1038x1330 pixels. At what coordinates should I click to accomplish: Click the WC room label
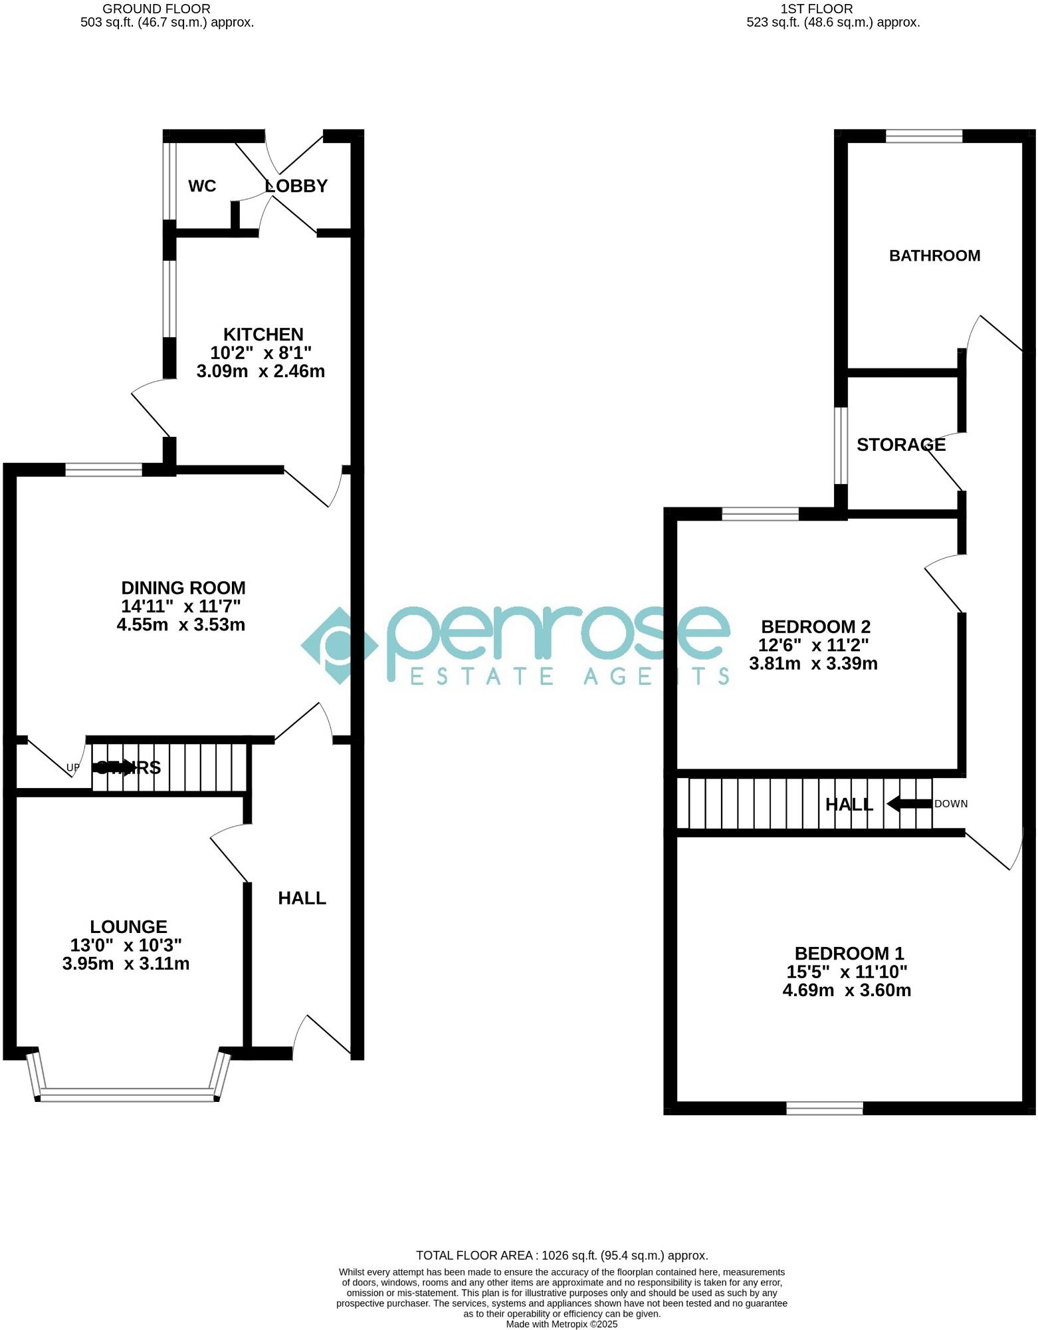202,186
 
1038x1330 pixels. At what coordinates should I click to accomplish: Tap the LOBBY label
296,186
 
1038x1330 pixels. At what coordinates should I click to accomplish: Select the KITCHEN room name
263,334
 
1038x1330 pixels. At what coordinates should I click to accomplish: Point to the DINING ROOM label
183,588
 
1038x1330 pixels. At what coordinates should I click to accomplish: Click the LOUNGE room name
128,926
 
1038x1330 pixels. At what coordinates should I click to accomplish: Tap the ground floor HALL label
302,898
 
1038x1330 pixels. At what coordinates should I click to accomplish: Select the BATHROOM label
934,256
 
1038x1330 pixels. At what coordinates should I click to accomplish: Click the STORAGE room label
900,445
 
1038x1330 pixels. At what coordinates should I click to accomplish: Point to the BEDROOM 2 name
815,626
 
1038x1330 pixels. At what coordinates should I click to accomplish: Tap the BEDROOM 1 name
849,954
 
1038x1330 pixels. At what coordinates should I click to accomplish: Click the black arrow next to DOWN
909,803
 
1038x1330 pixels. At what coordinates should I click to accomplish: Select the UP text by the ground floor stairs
72,768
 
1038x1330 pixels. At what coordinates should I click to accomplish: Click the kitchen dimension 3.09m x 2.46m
260,371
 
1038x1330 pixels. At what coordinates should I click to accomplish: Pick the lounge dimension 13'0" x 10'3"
126,945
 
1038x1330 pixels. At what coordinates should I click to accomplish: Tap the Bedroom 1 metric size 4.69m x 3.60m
847,990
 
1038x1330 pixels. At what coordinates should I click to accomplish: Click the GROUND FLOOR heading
156,9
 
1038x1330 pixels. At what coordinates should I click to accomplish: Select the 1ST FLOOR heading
816,9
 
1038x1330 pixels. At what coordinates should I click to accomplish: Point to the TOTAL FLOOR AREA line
562,1256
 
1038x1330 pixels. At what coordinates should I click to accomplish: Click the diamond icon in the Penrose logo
340,645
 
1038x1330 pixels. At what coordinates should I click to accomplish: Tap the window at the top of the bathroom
924,136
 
